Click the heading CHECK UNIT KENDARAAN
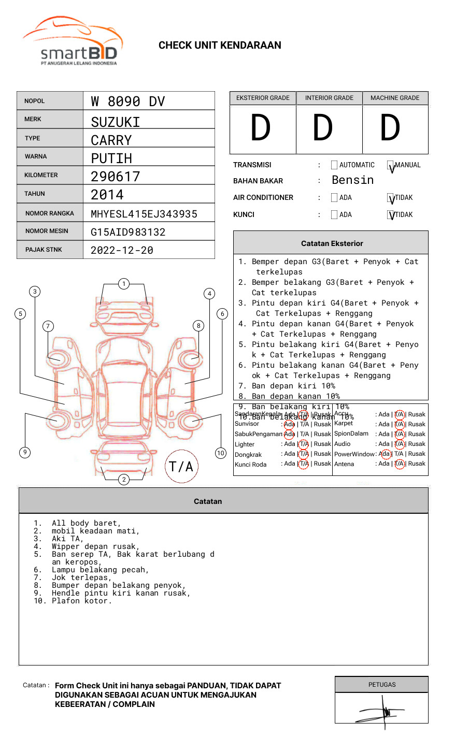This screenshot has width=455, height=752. (220, 46)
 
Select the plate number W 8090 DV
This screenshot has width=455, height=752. (128, 102)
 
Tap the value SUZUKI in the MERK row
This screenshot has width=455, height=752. (116, 122)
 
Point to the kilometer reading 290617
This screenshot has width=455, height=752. (116, 177)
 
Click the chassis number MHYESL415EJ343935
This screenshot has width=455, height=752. (144, 214)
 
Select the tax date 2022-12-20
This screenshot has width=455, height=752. (122, 250)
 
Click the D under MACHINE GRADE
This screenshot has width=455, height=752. (390, 128)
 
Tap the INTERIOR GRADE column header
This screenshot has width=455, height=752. (329, 98)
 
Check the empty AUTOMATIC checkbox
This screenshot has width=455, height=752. (334, 165)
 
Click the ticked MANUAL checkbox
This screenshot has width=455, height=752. (391, 166)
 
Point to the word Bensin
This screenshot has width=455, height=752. (352, 180)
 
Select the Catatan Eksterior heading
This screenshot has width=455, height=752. (332, 243)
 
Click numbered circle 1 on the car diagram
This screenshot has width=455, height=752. (123, 284)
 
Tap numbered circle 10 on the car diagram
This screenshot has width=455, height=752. (221, 453)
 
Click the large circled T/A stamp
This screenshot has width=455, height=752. (181, 467)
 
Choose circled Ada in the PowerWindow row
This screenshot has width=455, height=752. (385, 454)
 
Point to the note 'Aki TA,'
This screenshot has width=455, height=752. (67, 539)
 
